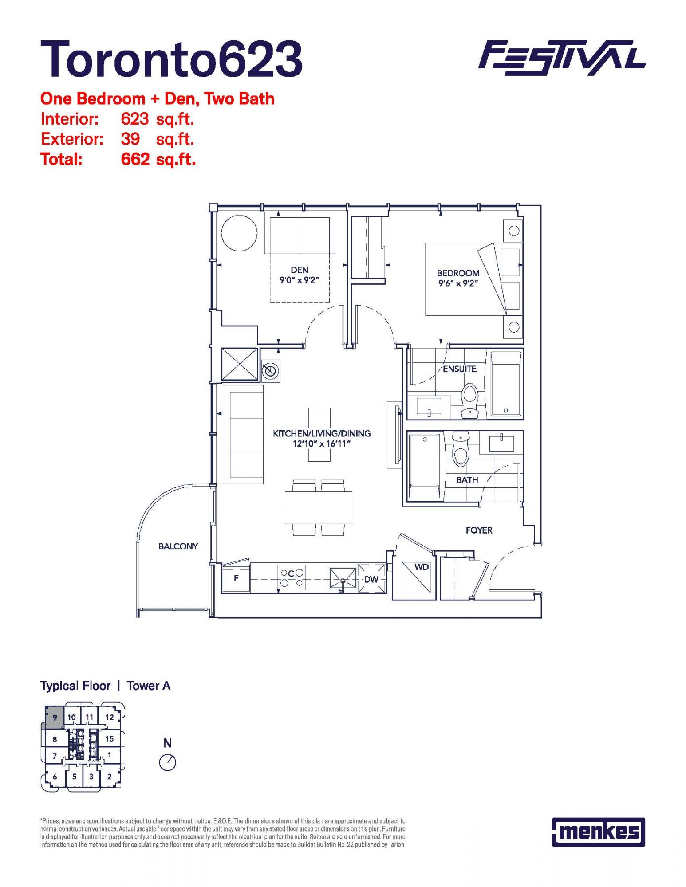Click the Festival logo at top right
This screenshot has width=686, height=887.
562,58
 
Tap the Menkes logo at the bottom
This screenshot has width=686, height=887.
598,832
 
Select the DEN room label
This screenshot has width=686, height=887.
300,270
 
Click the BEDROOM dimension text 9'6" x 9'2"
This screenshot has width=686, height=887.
458,283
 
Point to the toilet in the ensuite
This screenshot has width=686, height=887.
469,401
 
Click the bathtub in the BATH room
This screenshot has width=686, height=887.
425,466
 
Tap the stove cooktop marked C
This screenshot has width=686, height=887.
292,577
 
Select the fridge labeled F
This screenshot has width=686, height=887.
236,578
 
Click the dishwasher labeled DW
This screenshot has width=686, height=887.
372,578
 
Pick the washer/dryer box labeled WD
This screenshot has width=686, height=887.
416,577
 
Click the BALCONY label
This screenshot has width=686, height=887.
178,546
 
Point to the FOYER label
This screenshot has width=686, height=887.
479,530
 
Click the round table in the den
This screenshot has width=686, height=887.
239,233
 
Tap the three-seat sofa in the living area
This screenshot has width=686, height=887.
243,435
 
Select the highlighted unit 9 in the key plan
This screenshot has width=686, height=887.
54,717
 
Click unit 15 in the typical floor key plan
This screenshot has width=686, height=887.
110,738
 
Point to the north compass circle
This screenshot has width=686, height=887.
167,763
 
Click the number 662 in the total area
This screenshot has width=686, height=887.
135,159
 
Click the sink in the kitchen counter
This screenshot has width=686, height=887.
343,579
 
